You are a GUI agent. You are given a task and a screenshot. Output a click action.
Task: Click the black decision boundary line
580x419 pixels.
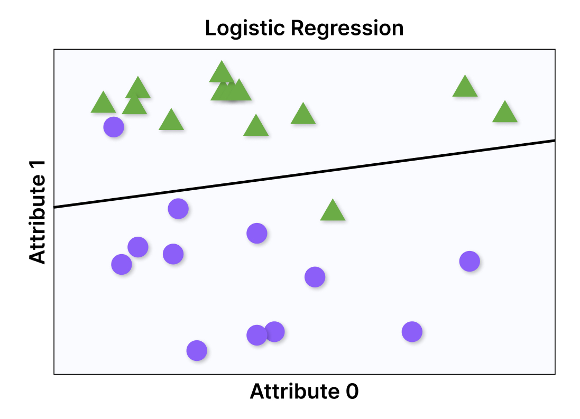coord(305,173)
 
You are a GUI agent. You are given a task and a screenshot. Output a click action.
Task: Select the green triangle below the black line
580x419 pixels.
coord(333,211)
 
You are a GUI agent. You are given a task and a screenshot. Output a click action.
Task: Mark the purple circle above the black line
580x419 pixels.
coord(114,127)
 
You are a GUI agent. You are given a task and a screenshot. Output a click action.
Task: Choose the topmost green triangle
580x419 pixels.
coord(222,73)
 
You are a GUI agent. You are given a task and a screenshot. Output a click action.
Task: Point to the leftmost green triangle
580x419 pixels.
coord(103,104)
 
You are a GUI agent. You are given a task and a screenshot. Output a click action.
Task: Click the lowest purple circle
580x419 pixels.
coord(197,350)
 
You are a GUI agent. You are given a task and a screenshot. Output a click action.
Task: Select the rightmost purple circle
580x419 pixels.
coord(469,260)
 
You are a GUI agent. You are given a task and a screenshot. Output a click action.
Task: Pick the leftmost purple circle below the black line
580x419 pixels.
coord(122,264)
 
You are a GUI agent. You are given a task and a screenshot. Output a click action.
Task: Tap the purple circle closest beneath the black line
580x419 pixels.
coord(178,209)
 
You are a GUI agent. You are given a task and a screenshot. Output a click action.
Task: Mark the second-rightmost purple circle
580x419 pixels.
coord(412,332)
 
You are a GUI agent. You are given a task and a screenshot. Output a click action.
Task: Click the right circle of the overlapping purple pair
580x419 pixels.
coord(274,331)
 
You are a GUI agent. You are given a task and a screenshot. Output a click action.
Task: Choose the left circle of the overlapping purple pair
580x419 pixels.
coord(256,334)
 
